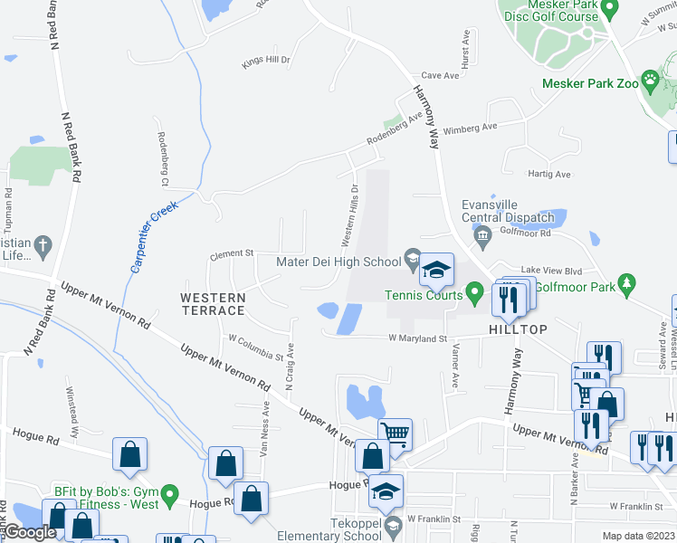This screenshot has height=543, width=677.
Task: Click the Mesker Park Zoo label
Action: [x=589, y=82]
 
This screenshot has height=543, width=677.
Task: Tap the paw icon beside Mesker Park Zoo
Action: [x=650, y=80]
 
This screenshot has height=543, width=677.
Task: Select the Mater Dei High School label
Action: [x=338, y=262]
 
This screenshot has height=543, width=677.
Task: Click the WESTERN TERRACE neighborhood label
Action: [x=213, y=304]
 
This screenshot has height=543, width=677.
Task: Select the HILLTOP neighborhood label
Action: [x=519, y=329]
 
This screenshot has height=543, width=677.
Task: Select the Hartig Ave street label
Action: [x=550, y=174]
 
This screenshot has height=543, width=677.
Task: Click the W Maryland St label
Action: [x=418, y=338]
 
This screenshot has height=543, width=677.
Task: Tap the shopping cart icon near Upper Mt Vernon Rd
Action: [x=395, y=433]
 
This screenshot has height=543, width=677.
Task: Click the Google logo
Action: [x=29, y=533]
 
